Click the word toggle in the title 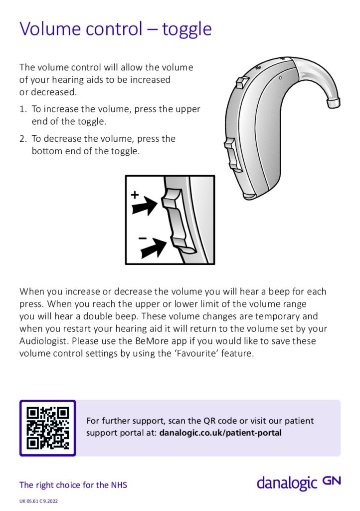(187, 29)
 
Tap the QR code (47, 428)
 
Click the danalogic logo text (287, 483)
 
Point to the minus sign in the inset (143, 238)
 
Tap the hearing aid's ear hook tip (334, 102)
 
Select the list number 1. (22, 109)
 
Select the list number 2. (22, 139)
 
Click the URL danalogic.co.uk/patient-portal (220, 433)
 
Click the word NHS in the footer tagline (118, 485)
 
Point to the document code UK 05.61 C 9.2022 (39, 501)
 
